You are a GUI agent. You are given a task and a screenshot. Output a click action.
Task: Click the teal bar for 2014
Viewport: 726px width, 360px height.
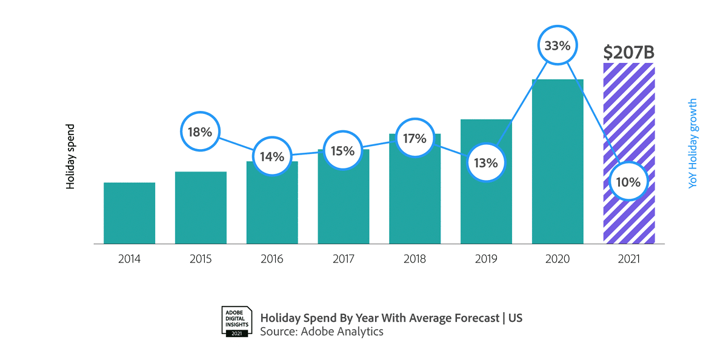(129, 213)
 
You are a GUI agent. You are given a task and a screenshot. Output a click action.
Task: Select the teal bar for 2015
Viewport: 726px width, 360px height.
(201, 207)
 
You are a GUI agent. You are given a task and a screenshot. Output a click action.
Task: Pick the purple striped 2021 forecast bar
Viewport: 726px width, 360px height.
(629, 121)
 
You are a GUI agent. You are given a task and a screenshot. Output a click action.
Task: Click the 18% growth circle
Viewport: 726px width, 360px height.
(200, 131)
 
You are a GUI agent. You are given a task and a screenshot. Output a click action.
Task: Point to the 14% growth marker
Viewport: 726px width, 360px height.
(272, 156)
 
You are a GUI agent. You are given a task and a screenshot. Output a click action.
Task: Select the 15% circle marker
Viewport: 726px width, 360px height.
(343, 150)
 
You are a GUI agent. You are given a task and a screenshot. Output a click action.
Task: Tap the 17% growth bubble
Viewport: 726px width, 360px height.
(415, 138)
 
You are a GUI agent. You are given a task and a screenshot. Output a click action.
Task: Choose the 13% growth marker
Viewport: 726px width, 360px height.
(486, 162)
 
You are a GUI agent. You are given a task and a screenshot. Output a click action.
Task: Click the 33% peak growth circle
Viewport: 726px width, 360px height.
(558, 45)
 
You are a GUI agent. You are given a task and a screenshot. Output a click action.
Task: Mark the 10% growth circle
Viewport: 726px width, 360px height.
(628, 181)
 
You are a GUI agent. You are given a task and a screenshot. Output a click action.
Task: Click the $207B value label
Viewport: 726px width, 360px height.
(628, 53)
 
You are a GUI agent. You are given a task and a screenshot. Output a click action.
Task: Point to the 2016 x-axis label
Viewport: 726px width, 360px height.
(272, 259)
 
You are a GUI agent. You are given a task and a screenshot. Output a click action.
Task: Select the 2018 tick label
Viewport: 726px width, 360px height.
(415, 259)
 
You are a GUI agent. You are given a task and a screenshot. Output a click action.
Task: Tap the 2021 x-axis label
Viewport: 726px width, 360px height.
(628, 259)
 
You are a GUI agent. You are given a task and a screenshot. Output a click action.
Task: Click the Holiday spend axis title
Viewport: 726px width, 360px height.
(71, 156)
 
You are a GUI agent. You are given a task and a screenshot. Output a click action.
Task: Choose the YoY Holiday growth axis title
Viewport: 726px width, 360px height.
(693, 144)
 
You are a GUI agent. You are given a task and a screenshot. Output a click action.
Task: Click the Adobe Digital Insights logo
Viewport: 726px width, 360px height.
(236, 321)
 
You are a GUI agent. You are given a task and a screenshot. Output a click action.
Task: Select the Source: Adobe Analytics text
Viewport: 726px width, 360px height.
(322, 332)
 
